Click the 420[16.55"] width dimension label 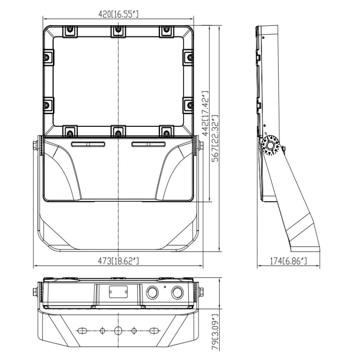pos(118,14)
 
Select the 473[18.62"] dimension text pos(118,261)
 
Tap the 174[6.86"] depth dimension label pos(288,261)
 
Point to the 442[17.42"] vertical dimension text pos(205,113)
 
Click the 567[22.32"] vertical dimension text pos(215,138)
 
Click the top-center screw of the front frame pos(118,29)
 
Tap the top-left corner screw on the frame pos(70,29)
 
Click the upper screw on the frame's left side pos(46,57)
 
